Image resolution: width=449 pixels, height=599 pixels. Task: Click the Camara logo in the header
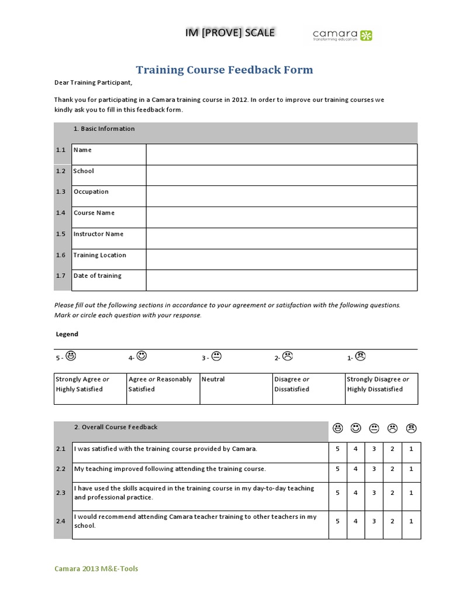pyautogui.click(x=342, y=36)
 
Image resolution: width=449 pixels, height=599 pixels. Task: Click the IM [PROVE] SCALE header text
pyautogui.click(x=230, y=33)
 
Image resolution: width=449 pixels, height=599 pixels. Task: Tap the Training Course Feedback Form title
pyautogui.click(x=224, y=70)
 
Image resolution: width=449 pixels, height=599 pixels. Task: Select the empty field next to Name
pyautogui.click(x=281, y=154)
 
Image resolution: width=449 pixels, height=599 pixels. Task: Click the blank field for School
pyautogui.click(x=281, y=175)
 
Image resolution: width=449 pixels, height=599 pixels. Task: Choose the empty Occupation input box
pyautogui.click(x=281, y=196)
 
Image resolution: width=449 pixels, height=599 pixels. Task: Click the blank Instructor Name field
pyautogui.click(x=281, y=238)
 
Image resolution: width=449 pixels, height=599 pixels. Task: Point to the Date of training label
pyautogui.click(x=98, y=276)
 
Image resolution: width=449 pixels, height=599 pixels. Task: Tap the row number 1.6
pyautogui.click(x=61, y=255)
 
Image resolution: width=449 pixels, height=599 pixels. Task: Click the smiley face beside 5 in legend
pyautogui.click(x=71, y=356)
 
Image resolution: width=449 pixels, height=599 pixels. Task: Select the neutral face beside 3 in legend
pyautogui.click(x=216, y=356)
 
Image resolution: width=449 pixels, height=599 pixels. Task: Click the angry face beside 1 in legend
pyautogui.click(x=361, y=356)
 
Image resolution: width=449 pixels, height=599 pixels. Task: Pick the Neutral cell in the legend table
pyautogui.click(x=213, y=380)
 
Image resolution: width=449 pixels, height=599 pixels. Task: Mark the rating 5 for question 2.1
pyautogui.click(x=337, y=449)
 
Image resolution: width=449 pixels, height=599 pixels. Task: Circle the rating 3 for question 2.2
pyautogui.click(x=374, y=469)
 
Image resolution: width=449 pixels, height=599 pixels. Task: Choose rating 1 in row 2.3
pyautogui.click(x=411, y=493)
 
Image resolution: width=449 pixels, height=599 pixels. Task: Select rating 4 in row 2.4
pyautogui.click(x=355, y=521)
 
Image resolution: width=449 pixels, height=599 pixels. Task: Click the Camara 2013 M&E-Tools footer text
pyautogui.click(x=96, y=569)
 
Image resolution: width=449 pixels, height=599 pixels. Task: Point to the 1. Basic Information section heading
pyautogui.click(x=104, y=129)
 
